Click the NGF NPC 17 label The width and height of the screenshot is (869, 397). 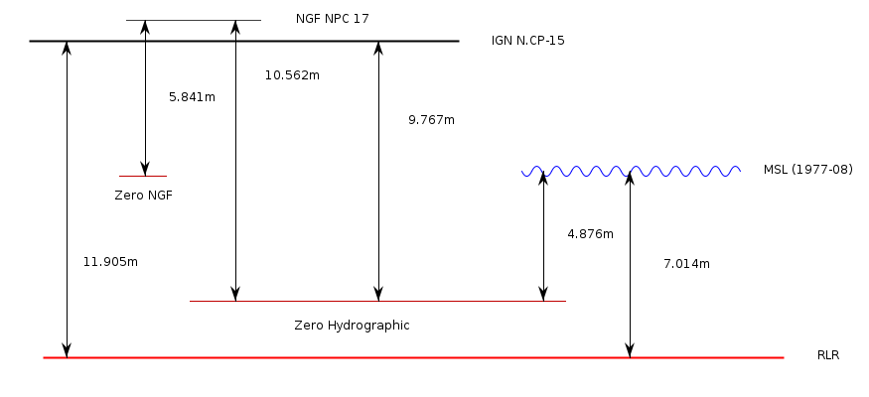coord(332,19)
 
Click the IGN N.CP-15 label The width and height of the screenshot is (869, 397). coord(527,41)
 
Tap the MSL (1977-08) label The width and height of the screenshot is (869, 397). coord(807,170)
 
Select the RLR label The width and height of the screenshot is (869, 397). coord(828,354)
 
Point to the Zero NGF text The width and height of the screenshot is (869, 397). coord(144,196)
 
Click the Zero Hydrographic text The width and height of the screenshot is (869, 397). coord(352,325)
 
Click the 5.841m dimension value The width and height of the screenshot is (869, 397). coord(193,97)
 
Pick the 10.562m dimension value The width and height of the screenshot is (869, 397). coord(292,75)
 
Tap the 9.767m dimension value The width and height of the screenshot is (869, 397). coord(431,119)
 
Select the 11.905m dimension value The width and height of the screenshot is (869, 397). coord(110,262)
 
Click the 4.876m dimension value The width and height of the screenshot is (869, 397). coord(590,234)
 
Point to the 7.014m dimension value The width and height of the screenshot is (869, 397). coord(686,264)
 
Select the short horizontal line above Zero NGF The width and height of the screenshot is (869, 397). coord(142,177)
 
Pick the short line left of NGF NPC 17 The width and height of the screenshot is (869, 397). coord(194,20)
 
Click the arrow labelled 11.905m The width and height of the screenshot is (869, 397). coord(68,198)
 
